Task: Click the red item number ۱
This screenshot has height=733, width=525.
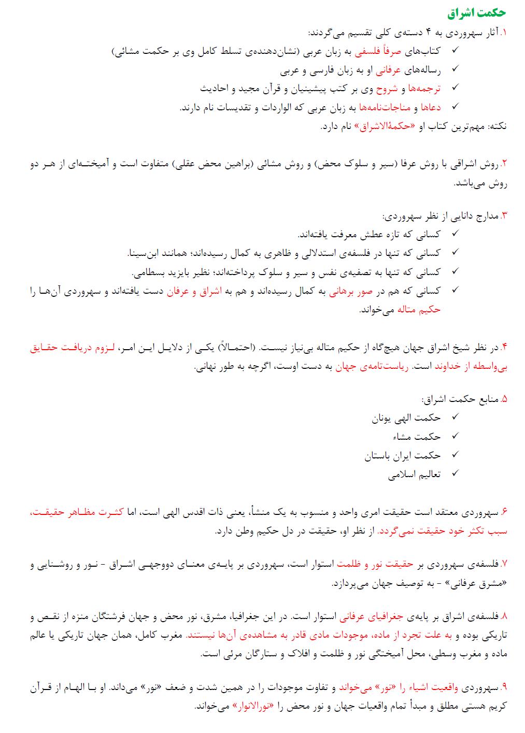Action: (x=504, y=34)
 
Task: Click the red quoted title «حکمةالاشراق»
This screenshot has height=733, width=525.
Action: (x=386, y=126)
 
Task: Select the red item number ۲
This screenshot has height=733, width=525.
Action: (x=504, y=164)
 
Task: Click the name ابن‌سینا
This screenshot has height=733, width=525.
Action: (x=143, y=253)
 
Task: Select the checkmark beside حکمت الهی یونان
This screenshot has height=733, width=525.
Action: (x=455, y=418)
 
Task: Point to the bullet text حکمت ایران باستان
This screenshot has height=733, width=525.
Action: (x=402, y=455)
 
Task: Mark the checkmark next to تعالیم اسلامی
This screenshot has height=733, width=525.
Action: (x=455, y=473)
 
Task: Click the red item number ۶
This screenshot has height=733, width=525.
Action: (x=504, y=512)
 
